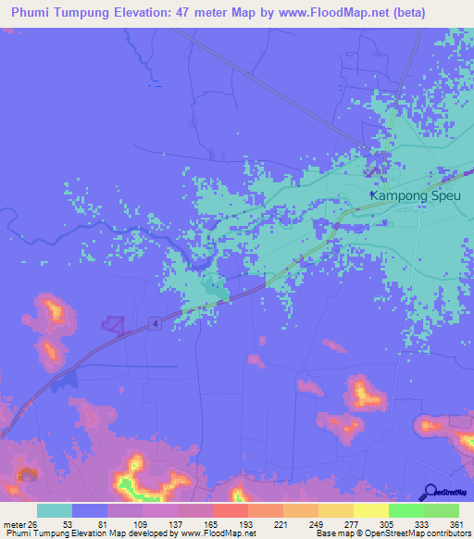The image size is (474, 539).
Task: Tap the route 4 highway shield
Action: [152, 322]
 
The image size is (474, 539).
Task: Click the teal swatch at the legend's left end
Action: [55, 510]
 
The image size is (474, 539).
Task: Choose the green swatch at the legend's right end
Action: [442, 510]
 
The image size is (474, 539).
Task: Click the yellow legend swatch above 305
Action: [371, 510]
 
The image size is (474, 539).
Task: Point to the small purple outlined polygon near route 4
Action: [113, 323]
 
